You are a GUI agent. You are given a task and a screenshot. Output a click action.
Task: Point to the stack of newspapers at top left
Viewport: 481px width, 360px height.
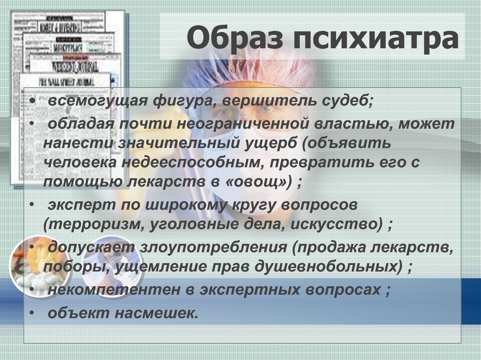66,70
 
